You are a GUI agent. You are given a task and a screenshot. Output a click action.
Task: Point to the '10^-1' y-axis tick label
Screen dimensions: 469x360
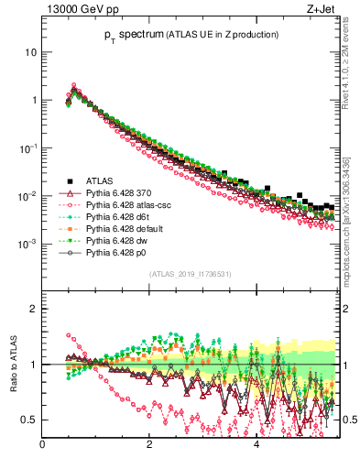27,147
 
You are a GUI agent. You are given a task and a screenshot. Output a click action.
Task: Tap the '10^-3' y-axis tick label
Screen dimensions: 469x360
27,244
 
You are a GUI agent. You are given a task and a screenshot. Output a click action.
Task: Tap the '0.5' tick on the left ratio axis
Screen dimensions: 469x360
28,420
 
